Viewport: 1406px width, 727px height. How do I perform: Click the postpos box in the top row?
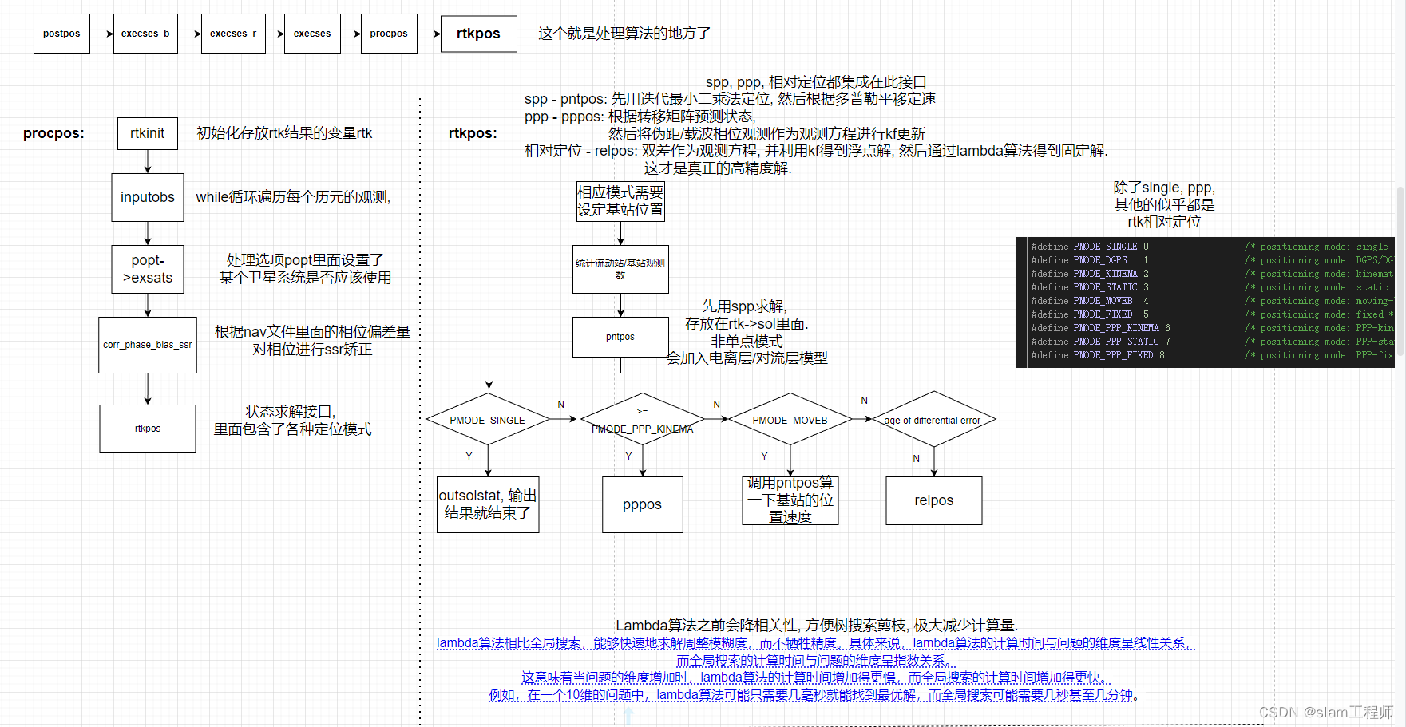click(x=61, y=34)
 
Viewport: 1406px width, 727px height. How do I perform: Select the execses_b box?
click(x=145, y=34)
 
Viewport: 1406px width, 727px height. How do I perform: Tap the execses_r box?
click(x=233, y=34)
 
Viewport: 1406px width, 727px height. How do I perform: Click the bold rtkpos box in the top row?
click(x=478, y=34)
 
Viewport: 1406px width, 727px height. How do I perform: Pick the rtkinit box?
click(x=148, y=133)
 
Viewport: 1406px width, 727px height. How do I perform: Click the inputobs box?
click(x=148, y=197)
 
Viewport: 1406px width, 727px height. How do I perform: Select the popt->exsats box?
click(x=148, y=269)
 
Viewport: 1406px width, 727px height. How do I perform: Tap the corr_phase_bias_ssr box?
click(x=148, y=345)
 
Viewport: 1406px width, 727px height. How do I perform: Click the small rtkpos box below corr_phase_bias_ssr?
click(x=148, y=429)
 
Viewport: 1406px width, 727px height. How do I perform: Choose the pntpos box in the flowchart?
click(x=620, y=337)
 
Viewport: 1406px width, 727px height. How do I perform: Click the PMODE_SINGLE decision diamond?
click(x=487, y=420)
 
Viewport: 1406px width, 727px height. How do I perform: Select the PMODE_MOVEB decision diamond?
click(x=790, y=420)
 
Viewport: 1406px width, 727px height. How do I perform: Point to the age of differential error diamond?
click(x=933, y=420)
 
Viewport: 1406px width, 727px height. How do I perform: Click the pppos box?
click(x=642, y=504)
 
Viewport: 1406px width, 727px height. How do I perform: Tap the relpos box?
click(x=933, y=500)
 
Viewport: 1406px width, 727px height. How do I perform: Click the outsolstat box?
click(x=488, y=504)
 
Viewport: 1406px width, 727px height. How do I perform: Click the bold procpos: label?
click(x=53, y=133)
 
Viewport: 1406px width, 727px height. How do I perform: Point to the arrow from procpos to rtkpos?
click(x=429, y=34)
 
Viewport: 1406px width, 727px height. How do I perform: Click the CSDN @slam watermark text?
click(x=1325, y=712)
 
